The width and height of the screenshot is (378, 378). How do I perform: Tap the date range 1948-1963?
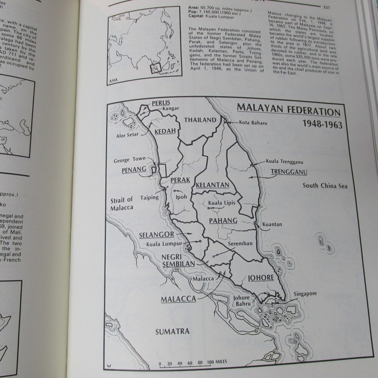(x=322, y=124)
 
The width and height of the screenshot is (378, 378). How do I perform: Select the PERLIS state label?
(x=161, y=103)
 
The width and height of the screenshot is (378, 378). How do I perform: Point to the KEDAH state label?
(x=165, y=131)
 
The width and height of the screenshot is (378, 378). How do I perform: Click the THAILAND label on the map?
(x=200, y=120)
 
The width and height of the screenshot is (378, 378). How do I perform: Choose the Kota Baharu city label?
(x=254, y=122)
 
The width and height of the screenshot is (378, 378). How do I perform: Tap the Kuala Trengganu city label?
(x=285, y=161)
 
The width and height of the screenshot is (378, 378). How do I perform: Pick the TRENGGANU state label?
(x=289, y=172)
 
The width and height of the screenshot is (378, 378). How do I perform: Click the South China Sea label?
(x=325, y=186)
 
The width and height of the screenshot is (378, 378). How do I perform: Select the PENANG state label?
(x=134, y=170)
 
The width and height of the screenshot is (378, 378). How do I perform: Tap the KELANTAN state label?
(x=213, y=185)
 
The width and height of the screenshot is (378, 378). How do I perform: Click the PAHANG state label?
(x=223, y=220)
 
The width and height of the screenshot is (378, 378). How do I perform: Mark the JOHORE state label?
(x=260, y=278)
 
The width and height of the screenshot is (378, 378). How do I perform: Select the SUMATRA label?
(x=172, y=332)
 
